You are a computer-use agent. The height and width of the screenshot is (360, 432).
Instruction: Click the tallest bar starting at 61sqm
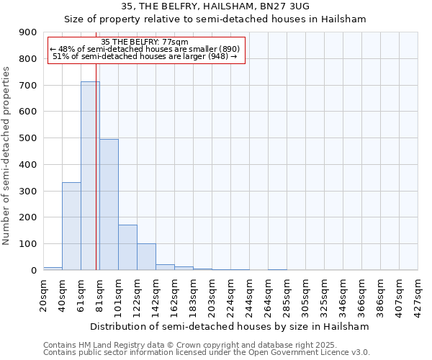(90, 176)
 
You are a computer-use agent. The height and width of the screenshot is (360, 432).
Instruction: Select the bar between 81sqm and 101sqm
(109, 205)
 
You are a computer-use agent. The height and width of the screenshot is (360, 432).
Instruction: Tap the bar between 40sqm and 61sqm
(71, 227)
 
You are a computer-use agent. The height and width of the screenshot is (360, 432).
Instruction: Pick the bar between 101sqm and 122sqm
(127, 248)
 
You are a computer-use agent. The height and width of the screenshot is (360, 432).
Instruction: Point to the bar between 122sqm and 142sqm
(146, 257)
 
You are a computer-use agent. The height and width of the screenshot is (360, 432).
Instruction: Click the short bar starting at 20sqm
(53, 269)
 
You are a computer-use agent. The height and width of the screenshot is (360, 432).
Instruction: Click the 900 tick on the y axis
(28, 32)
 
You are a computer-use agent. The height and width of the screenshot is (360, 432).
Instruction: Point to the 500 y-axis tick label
(28, 138)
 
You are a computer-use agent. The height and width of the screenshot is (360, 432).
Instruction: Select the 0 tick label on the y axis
(33, 271)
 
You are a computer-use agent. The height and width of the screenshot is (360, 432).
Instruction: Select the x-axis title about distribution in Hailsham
(230, 326)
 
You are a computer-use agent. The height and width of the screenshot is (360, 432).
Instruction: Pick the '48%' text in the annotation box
(67, 49)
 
